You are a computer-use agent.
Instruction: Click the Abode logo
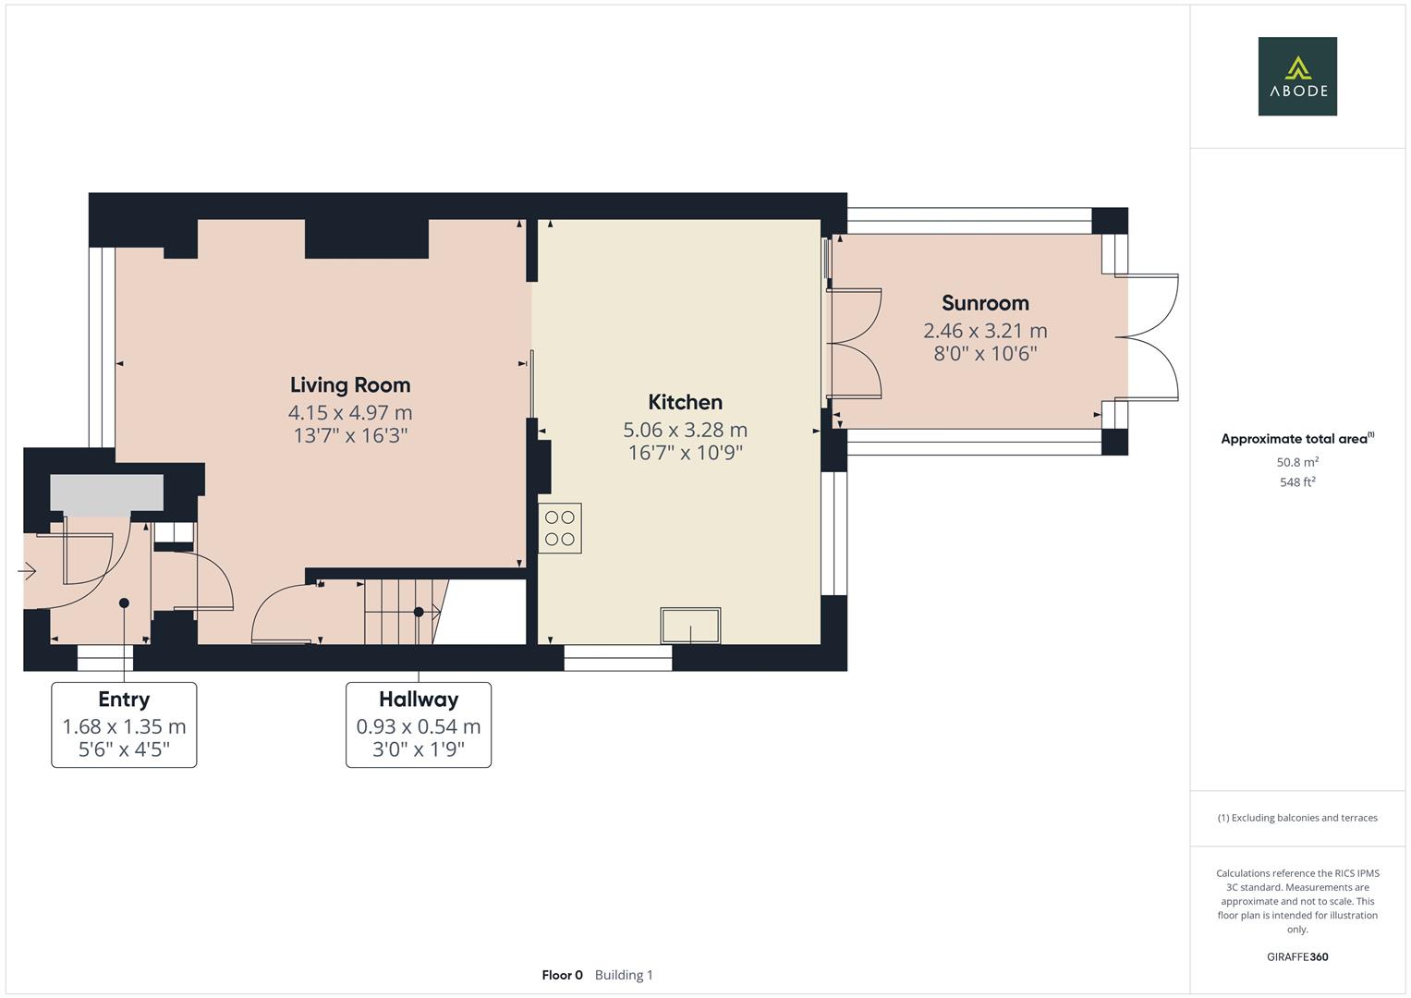pyautogui.click(x=1297, y=76)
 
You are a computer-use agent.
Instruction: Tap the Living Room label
pyautogui.click(x=350, y=384)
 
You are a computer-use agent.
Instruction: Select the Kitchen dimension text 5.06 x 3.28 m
pyautogui.click(x=686, y=430)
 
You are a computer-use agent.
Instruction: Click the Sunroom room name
pyautogui.click(x=985, y=303)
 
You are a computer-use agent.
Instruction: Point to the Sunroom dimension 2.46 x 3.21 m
pyautogui.click(x=985, y=330)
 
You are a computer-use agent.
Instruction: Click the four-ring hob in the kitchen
pyautogui.click(x=559, y=528)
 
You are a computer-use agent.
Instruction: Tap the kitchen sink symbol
pyautogui.click(x=690, y=625)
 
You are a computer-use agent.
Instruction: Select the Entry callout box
pyautogui.click(x=124, y=724)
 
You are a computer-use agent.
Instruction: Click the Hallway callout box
pyautogui.click(x=419, y=724)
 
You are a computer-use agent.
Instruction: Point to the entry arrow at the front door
pyautogui.click(x=27, y=571)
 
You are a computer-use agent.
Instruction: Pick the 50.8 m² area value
pyautogui.click(x=1297, y=462)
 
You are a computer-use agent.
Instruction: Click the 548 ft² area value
pyautogui.click(x=1297, y=482)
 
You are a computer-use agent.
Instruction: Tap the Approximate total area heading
pyautogui.click(x=1297, y=439)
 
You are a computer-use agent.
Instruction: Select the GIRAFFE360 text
pyautogui.click(x=1297, y=956)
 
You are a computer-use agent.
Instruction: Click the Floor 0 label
pyautogui.click(x=563, y=975)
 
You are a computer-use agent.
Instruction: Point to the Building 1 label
pyautogui.click(x=624, y=975)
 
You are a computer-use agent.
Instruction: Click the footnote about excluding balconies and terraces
pyautogui.click(x=1297, y=818)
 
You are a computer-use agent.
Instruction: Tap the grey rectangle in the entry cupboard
pyautogui.click(x=106, y=493)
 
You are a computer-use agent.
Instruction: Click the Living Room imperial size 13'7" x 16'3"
pyautogui.click(x=350, y=435)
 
